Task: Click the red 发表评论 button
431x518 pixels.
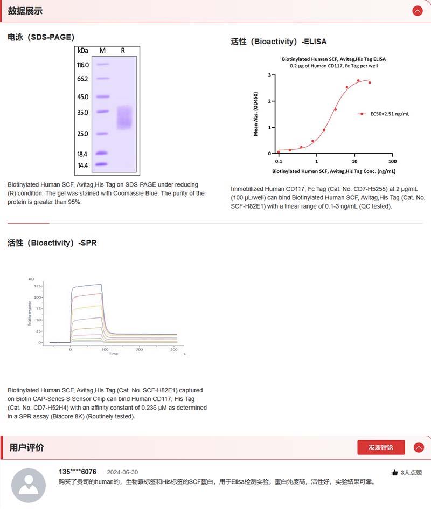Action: pos(381,447)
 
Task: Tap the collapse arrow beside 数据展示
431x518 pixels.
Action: pos(417,11)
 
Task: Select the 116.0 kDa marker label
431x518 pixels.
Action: pos(83,65)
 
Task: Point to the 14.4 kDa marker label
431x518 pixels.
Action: pos(83,165)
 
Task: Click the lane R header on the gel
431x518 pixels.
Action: pos(123,51)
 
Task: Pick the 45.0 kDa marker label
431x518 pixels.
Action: pos(83,97)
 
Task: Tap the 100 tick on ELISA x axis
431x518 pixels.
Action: pos(392,161)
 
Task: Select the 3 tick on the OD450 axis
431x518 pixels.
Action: pos(270,75)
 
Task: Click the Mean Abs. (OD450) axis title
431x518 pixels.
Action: pos(256,114)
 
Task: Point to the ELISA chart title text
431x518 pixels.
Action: pos(334,59)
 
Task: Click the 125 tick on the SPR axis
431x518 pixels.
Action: pos(37,286)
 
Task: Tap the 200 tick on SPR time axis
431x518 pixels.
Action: pos(140,350)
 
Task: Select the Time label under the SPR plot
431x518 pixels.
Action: pos(114,354)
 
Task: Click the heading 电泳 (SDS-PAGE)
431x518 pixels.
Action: pos(41,37)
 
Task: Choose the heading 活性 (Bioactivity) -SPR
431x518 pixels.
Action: pos(52,243)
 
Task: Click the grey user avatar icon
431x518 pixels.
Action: pos(29,485)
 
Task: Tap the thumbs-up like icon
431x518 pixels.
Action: pos(394,472)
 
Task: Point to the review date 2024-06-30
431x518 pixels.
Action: pos(122,472)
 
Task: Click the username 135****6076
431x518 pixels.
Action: pos(78,472)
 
